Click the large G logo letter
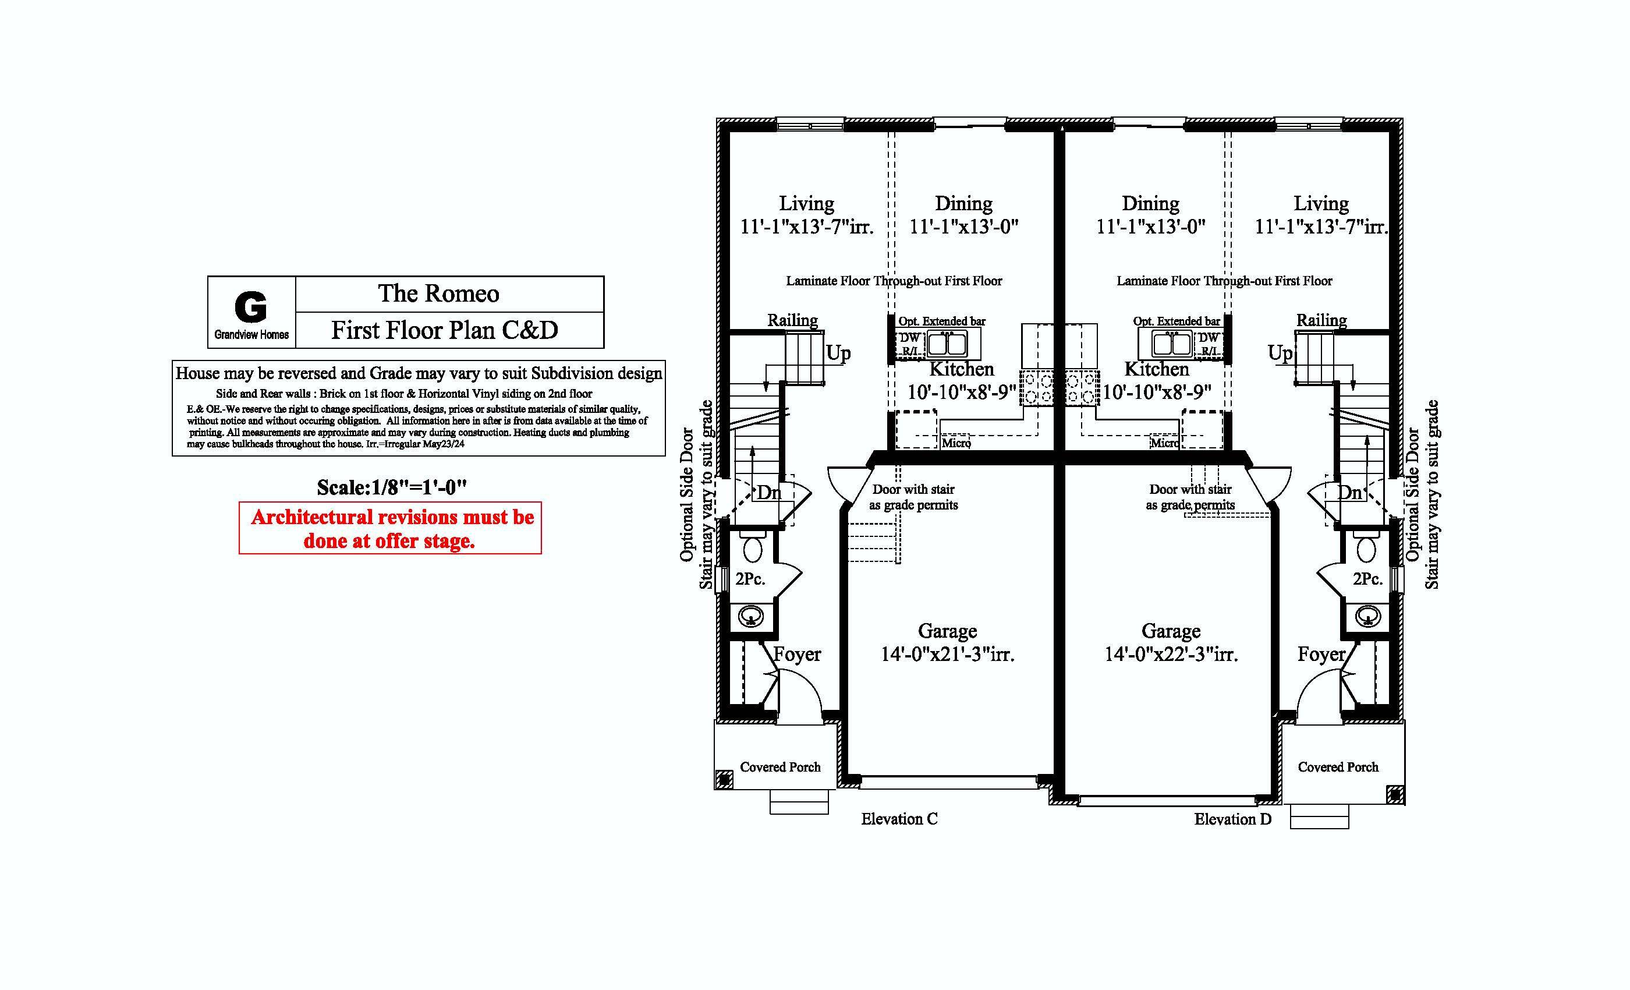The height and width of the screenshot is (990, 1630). pos(251,306)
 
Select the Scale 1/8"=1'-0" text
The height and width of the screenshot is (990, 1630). pos(392,488)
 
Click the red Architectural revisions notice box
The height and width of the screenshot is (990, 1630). pos(390,528)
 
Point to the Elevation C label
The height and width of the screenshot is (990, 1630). pos(899,819)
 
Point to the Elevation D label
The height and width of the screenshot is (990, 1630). pos(1232,819)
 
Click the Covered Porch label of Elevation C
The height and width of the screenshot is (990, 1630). pos(780,767)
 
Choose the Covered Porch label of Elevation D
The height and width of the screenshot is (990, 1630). pos(1338,767)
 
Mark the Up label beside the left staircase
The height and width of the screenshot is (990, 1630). pos(838,353)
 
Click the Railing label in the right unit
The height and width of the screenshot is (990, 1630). pos(1321,320)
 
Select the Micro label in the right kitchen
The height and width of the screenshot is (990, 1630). pos(1164,443)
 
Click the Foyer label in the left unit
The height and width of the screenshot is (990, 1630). pos(797,655)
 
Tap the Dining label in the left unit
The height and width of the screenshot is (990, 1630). pos(963,204)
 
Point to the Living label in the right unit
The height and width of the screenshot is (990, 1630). pos(1321,204)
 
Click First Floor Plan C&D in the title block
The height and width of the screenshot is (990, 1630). pos(445,330)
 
